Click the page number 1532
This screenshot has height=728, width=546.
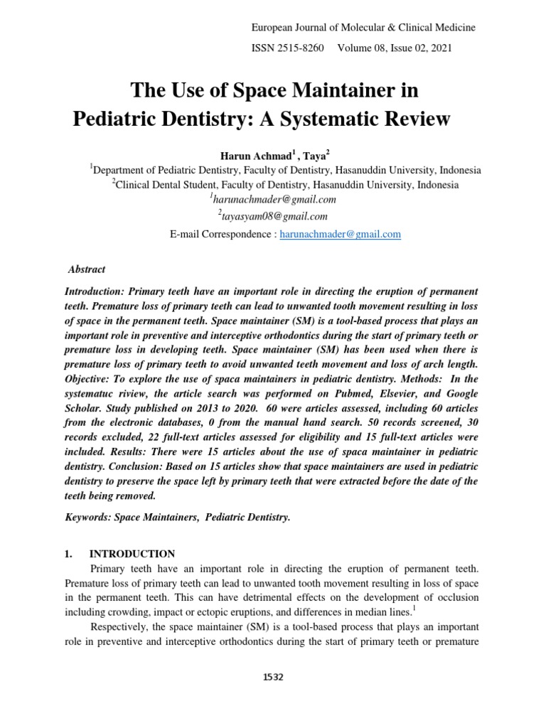(273, 678)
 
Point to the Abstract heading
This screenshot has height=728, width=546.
(87, 269)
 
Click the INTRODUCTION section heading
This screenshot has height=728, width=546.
(132, 553)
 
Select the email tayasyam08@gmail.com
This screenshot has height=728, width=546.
(274, 216)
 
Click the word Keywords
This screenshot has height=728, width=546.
(89, 518)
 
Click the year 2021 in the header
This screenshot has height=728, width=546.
(439, 49)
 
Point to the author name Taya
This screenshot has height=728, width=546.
(313, 155)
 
